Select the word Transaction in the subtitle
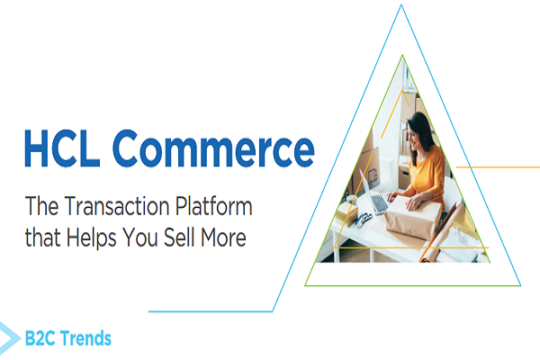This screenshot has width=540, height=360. pos(113,210)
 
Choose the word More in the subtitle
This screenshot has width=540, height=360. pos(232,240)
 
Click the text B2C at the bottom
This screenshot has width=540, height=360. pos(41,339)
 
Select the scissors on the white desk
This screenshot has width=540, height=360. pos(363,220)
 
